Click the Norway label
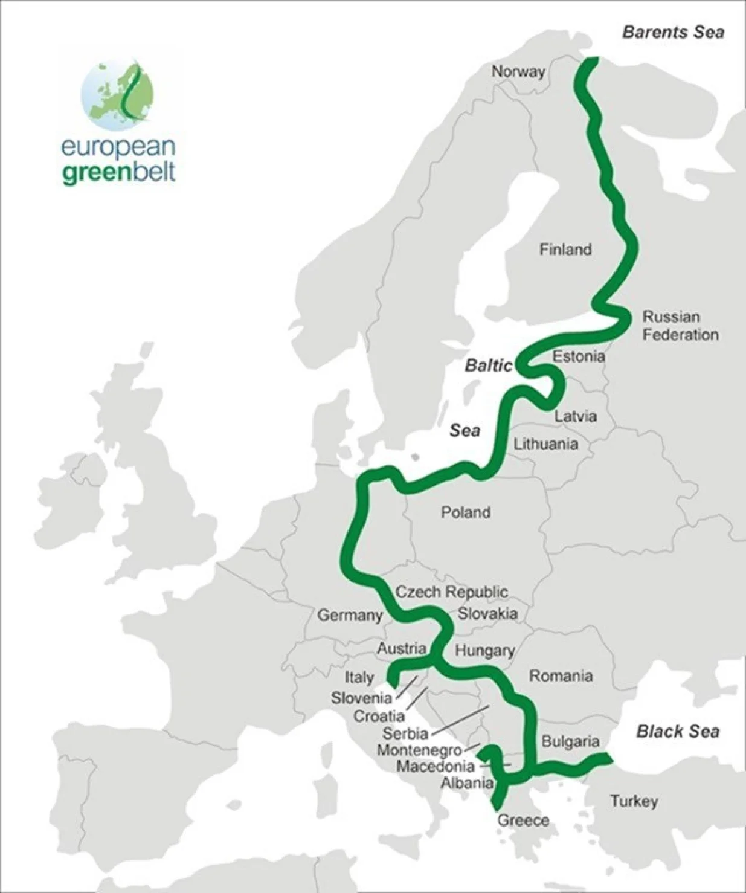tap(518, 71)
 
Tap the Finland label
tap(565, 249)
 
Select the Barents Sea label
tap(673, 32)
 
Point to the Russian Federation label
tap(680, 326)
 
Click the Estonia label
tap(578, 356)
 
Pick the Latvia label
tap(575, 416)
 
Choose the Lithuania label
tap(546, 444)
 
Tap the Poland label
tap(465, 512)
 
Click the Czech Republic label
tap(451, 592)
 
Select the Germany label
tap(350, 616)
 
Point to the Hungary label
tap(484, 651)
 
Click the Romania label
tap(561, 675)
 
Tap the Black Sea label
tap(678, 732)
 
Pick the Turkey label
tap(634, 801)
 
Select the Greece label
tap(523, 820)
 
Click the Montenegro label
tap(419, 750)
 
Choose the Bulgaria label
tap(570, 741)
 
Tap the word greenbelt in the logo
tap(118, 172)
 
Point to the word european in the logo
tap(118, 147)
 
